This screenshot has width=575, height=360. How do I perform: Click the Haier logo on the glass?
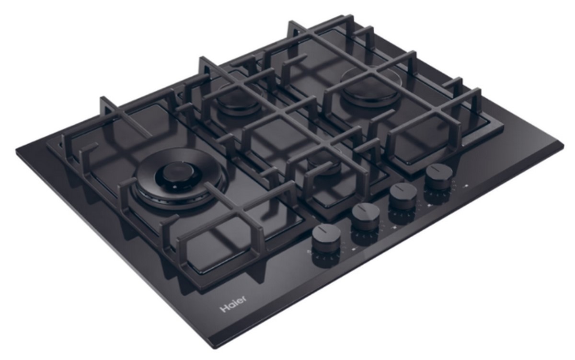[233, 304]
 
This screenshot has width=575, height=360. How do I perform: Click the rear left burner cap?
[239, 103]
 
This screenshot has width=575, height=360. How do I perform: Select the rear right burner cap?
[370, 93]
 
